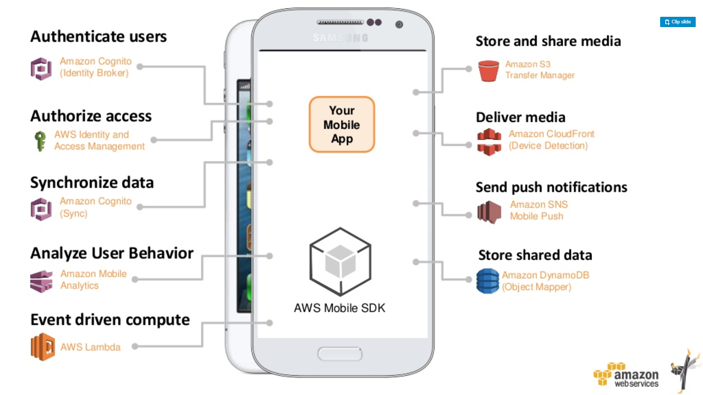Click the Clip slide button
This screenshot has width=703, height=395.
[x=678, y=22]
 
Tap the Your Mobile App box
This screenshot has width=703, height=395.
[x=342, y=124]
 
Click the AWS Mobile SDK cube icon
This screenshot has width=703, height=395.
[x=340, y=262]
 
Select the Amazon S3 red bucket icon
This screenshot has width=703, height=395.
[x=488, y=71]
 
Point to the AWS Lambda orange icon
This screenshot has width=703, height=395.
[x=43, y=347]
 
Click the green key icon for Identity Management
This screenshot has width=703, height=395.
[x=40, y=141]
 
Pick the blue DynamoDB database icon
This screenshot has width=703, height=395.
[x=488, y=281]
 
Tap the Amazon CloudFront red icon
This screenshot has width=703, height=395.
[x=489, y=142]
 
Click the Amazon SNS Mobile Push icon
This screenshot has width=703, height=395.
[x=489, y=212]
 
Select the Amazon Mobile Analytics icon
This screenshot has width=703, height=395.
[x=41, y=281]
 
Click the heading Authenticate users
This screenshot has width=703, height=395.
[x=98, y=37]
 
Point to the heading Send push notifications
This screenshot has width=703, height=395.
[x=551, y=187]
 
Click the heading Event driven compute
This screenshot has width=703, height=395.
[x=110, y=320]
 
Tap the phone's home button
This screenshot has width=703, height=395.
[x=340, y=354]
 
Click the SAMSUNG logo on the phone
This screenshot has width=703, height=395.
[x=341, y=38]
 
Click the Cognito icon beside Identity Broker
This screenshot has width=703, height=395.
[x=41, y=69]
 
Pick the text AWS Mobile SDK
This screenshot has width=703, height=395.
[x=339, y=308]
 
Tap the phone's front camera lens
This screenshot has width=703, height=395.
[x=399, y=25]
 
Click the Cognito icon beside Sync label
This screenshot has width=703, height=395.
[x=41, y=209]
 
